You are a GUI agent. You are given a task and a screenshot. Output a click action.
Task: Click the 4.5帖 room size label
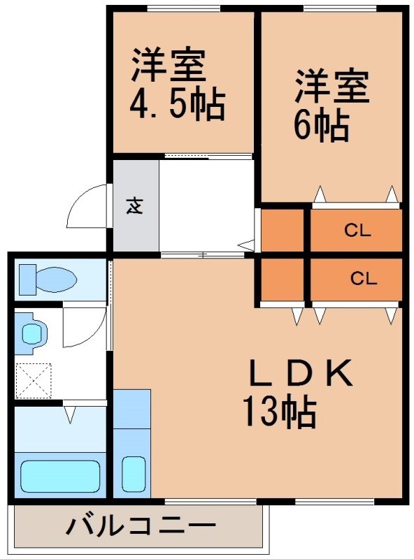tap(178, 104)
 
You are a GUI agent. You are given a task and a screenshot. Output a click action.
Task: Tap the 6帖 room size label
tap(321, 126)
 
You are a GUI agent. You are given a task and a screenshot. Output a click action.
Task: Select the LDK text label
tap(301, 373)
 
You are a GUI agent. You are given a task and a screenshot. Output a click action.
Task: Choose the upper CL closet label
tap(357, 231)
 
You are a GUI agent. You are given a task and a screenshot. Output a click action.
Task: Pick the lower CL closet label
tap(364, 278)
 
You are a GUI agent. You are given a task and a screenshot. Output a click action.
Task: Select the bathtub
tap(60, 477)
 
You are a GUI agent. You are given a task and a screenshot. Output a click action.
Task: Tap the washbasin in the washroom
tap(32, 334)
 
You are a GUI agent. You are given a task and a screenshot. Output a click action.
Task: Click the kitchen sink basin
tap(134, 474)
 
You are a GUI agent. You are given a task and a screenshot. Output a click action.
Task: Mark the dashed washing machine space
tap(33, 380)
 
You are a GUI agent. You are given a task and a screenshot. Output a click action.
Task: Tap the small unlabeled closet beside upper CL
tap(282, 230)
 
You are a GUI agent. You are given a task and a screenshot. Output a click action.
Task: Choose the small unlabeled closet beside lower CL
tap(282, 279)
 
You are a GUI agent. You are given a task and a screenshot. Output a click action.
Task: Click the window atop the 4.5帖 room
tap(183, 8)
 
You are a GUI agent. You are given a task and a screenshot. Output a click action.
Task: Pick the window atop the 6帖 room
tap(342, 8)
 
